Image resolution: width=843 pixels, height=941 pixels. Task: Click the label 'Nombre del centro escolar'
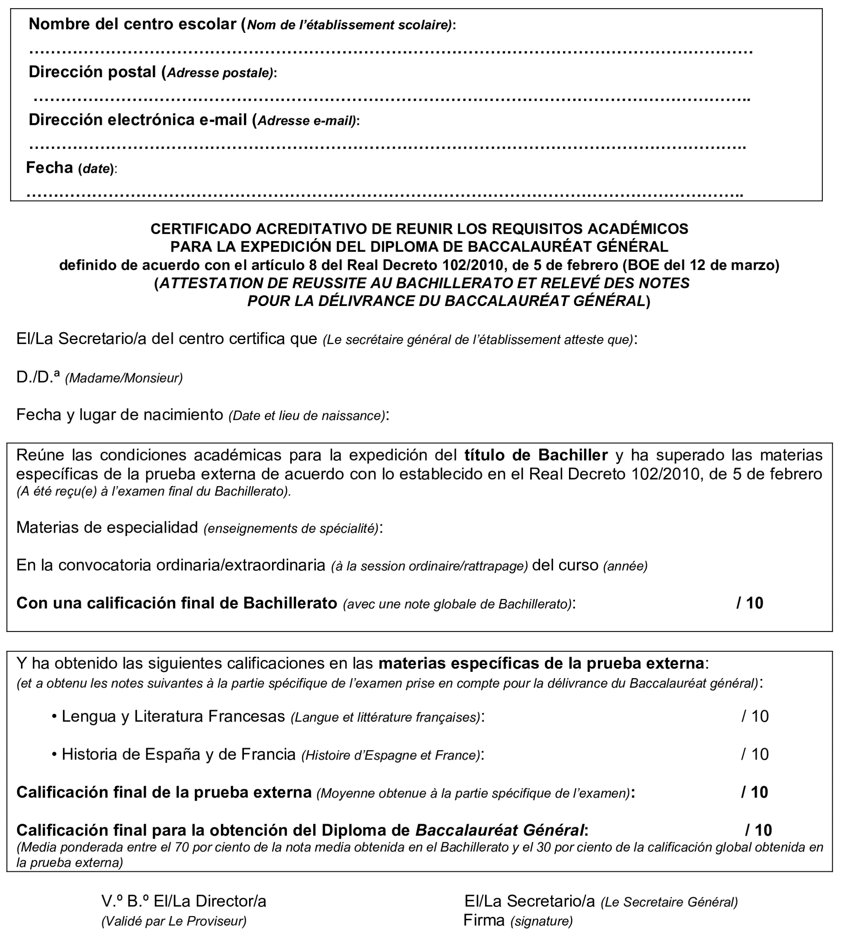[132, 24]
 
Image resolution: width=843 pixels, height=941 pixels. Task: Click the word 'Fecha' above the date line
[49, 167]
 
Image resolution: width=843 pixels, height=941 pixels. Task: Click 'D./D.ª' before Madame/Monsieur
[38, 377]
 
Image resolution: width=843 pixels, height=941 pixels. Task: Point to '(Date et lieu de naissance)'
[307, 416]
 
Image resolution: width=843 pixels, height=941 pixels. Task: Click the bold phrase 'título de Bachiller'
[536, 455]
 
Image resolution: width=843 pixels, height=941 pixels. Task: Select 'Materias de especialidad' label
[107, 528]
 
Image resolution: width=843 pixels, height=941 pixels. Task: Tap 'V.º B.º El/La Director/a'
[184, 901]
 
